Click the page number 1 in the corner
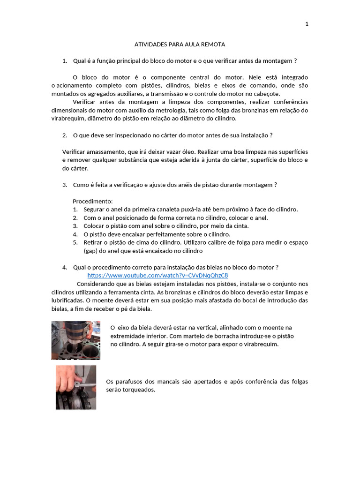(x=307, y=24)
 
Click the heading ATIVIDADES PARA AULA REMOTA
(x=180, y=45)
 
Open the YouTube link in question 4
(x=157, y=276)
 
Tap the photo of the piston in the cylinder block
(x=75, y=340)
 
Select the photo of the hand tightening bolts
(x=76, y=387)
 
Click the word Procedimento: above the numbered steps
(x=93, y=201)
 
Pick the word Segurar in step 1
(x=94, y=210)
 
